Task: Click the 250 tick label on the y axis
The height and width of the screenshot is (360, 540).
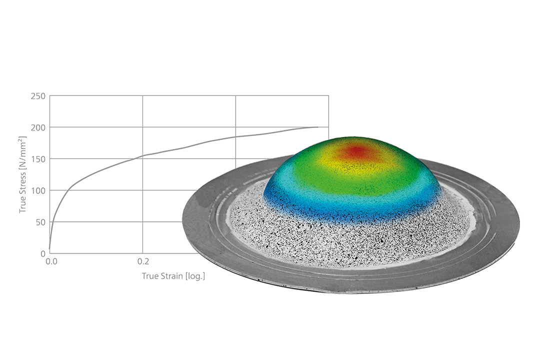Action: (38, 96)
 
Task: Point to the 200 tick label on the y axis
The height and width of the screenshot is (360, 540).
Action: (38, 128)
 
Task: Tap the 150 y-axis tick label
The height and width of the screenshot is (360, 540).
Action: (38, 159)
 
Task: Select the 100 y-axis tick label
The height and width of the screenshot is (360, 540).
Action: (38, 191)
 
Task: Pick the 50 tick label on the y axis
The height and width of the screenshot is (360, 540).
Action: (40, 222)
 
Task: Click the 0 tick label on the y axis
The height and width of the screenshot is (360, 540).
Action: (43, 254)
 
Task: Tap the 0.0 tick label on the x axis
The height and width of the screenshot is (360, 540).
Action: (51, 262)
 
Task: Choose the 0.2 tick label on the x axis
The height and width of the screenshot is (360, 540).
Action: (143, 262)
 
